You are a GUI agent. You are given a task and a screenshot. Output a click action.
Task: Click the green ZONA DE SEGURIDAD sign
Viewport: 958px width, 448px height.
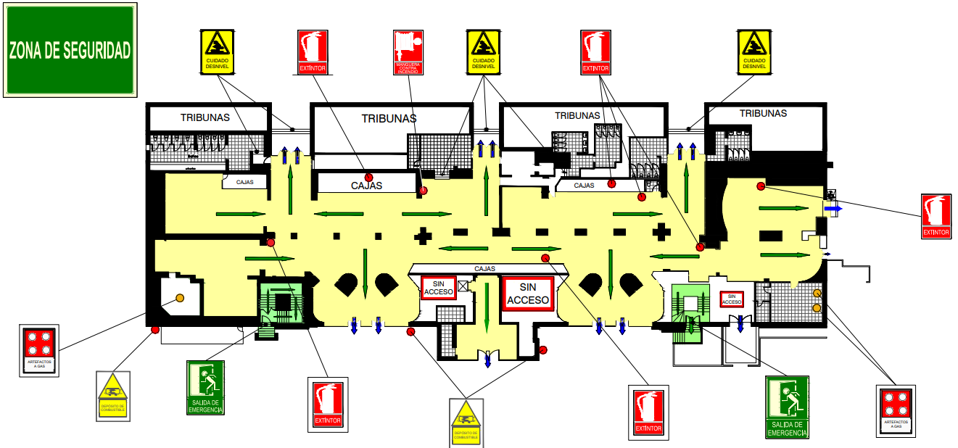pyautogui.click(x=70, y=50)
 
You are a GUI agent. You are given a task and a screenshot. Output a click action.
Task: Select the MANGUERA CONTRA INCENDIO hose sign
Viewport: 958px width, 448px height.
pyautogui.click(x=411, y=52)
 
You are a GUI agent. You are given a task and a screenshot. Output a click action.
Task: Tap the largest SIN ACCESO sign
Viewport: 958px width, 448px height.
pyautogui.click(x=528, y=294)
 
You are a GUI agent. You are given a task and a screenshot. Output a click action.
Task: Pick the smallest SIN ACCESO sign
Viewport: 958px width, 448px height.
pyautogui.click(x=731, y=299)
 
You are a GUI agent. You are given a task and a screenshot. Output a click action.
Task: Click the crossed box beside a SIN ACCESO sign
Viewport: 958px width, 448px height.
pyautogui.click(x=463, y=286)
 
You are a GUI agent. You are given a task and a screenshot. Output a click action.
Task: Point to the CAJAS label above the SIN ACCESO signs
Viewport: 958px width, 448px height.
pyautogui.click(x=484, y=268)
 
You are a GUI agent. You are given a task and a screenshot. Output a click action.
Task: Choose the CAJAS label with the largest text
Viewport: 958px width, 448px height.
pyautogui.click(x=366, y=186)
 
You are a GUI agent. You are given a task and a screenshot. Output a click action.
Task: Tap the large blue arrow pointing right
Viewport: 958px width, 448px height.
pyautogui.click(x=833, y=208)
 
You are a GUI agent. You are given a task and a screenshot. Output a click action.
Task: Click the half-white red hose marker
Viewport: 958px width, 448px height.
pyautogui.click(x=424, y=191)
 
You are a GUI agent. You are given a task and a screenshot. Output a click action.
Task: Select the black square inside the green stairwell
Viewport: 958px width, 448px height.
pyautogui.click(x=283, y=304)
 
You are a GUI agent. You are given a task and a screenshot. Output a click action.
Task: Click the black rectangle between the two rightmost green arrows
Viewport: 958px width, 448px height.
pyautogui.click(x=771, y=235)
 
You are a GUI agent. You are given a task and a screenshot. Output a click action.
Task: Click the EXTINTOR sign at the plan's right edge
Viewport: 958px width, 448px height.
pyautogui.click(x=936, y=216)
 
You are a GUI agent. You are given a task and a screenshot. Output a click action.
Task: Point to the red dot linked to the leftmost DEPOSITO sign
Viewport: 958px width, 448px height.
pyautogui.click(x=155, y=330)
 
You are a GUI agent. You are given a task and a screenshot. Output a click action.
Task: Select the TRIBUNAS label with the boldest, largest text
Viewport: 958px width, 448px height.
pyautogui.click(x=389, y=117)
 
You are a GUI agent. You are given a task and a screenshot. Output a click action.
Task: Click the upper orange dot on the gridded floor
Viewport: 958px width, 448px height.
pyautogui.click(x=817, y=293)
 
